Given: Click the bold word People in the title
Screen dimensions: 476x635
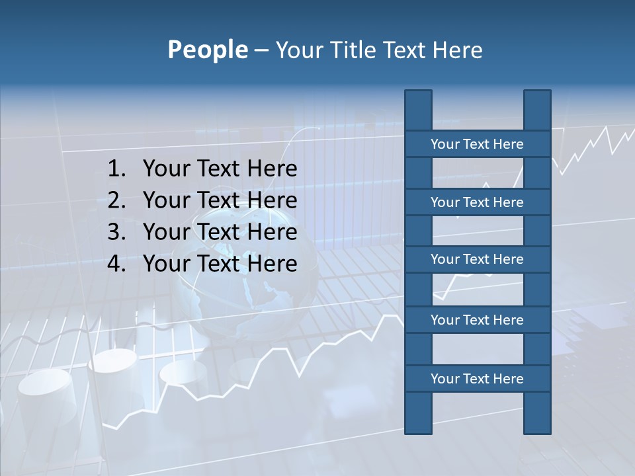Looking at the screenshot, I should tap(207, 50).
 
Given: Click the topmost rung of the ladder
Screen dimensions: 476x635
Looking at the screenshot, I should tap(477, 144).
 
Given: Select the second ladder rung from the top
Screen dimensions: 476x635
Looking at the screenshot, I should tap(477, 202).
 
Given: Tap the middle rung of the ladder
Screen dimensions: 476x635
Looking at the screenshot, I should tap(477, 259).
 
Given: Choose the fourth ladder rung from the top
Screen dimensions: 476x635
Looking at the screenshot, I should tap(477, 320).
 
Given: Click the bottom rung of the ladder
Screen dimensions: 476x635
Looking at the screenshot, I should tap(477, 379).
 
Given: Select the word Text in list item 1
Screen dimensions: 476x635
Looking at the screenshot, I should tap(219, 169).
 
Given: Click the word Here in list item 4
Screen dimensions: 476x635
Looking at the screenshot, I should tap(272, 264).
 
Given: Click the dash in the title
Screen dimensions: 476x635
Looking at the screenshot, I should tap(261, 50).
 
